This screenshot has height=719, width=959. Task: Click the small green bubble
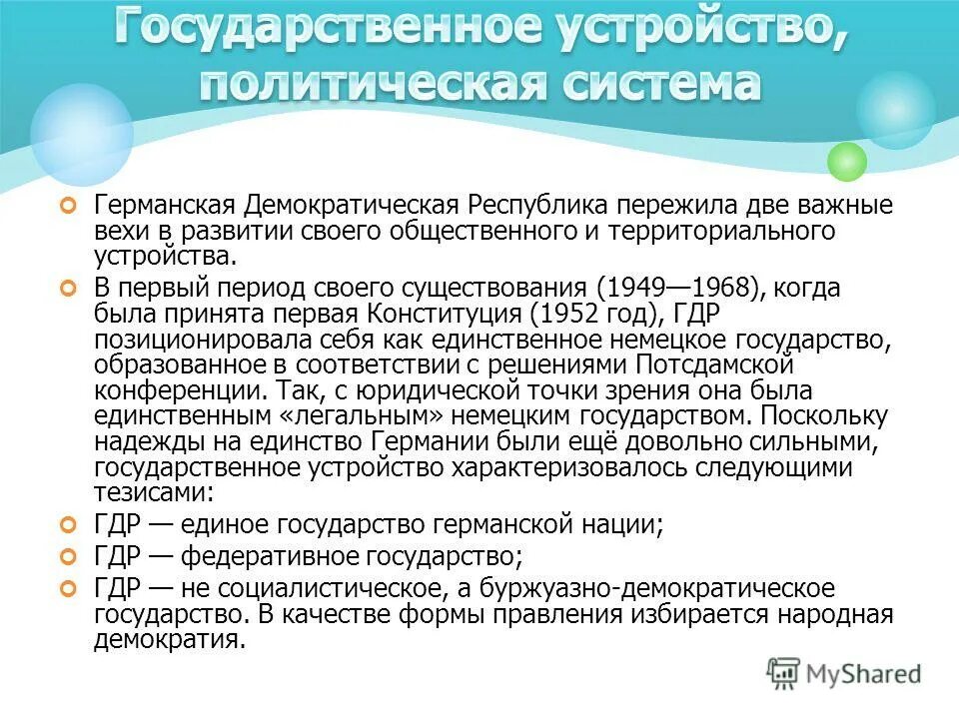click(x=847, y=161)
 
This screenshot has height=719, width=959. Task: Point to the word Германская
click(x=165, y=207)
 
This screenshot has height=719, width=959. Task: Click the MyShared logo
click(x=843, y=673)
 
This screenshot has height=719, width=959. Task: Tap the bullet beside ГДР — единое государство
click(x=68, y=523)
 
